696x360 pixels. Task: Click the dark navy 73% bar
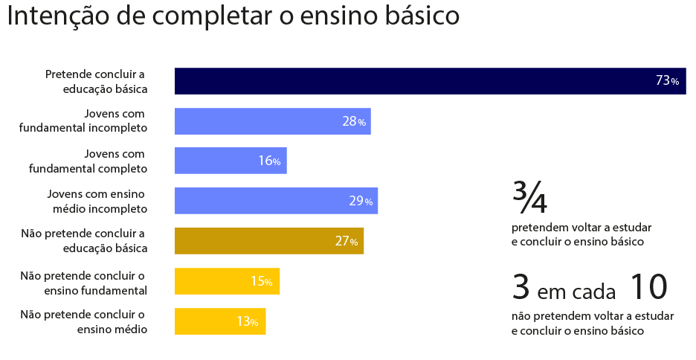pyautogui.click(x=416, y=81)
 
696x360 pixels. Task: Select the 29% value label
pyautogui.click(x=361, y=201)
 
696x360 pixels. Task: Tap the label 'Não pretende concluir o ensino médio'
pyautogui.click(x=83, y=321)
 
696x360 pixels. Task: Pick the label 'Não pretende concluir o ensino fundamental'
pyautogui.click(x=83, y=282)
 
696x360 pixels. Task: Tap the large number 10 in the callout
pyautogui.click(x=648, y=287)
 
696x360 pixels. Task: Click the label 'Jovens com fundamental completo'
pyautogui.click(x=88, y=161)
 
